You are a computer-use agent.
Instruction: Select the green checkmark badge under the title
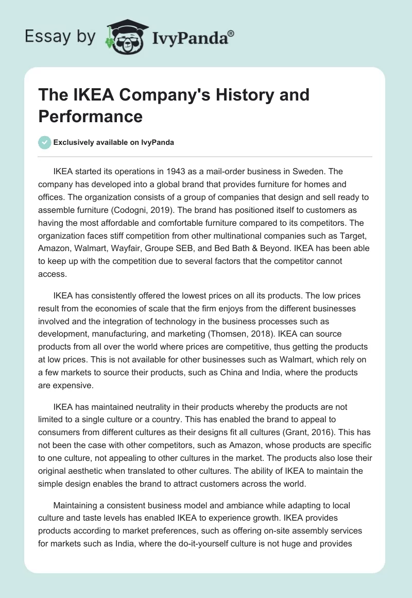tap(45, 142)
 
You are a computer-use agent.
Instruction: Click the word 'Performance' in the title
tap(90, 116)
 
